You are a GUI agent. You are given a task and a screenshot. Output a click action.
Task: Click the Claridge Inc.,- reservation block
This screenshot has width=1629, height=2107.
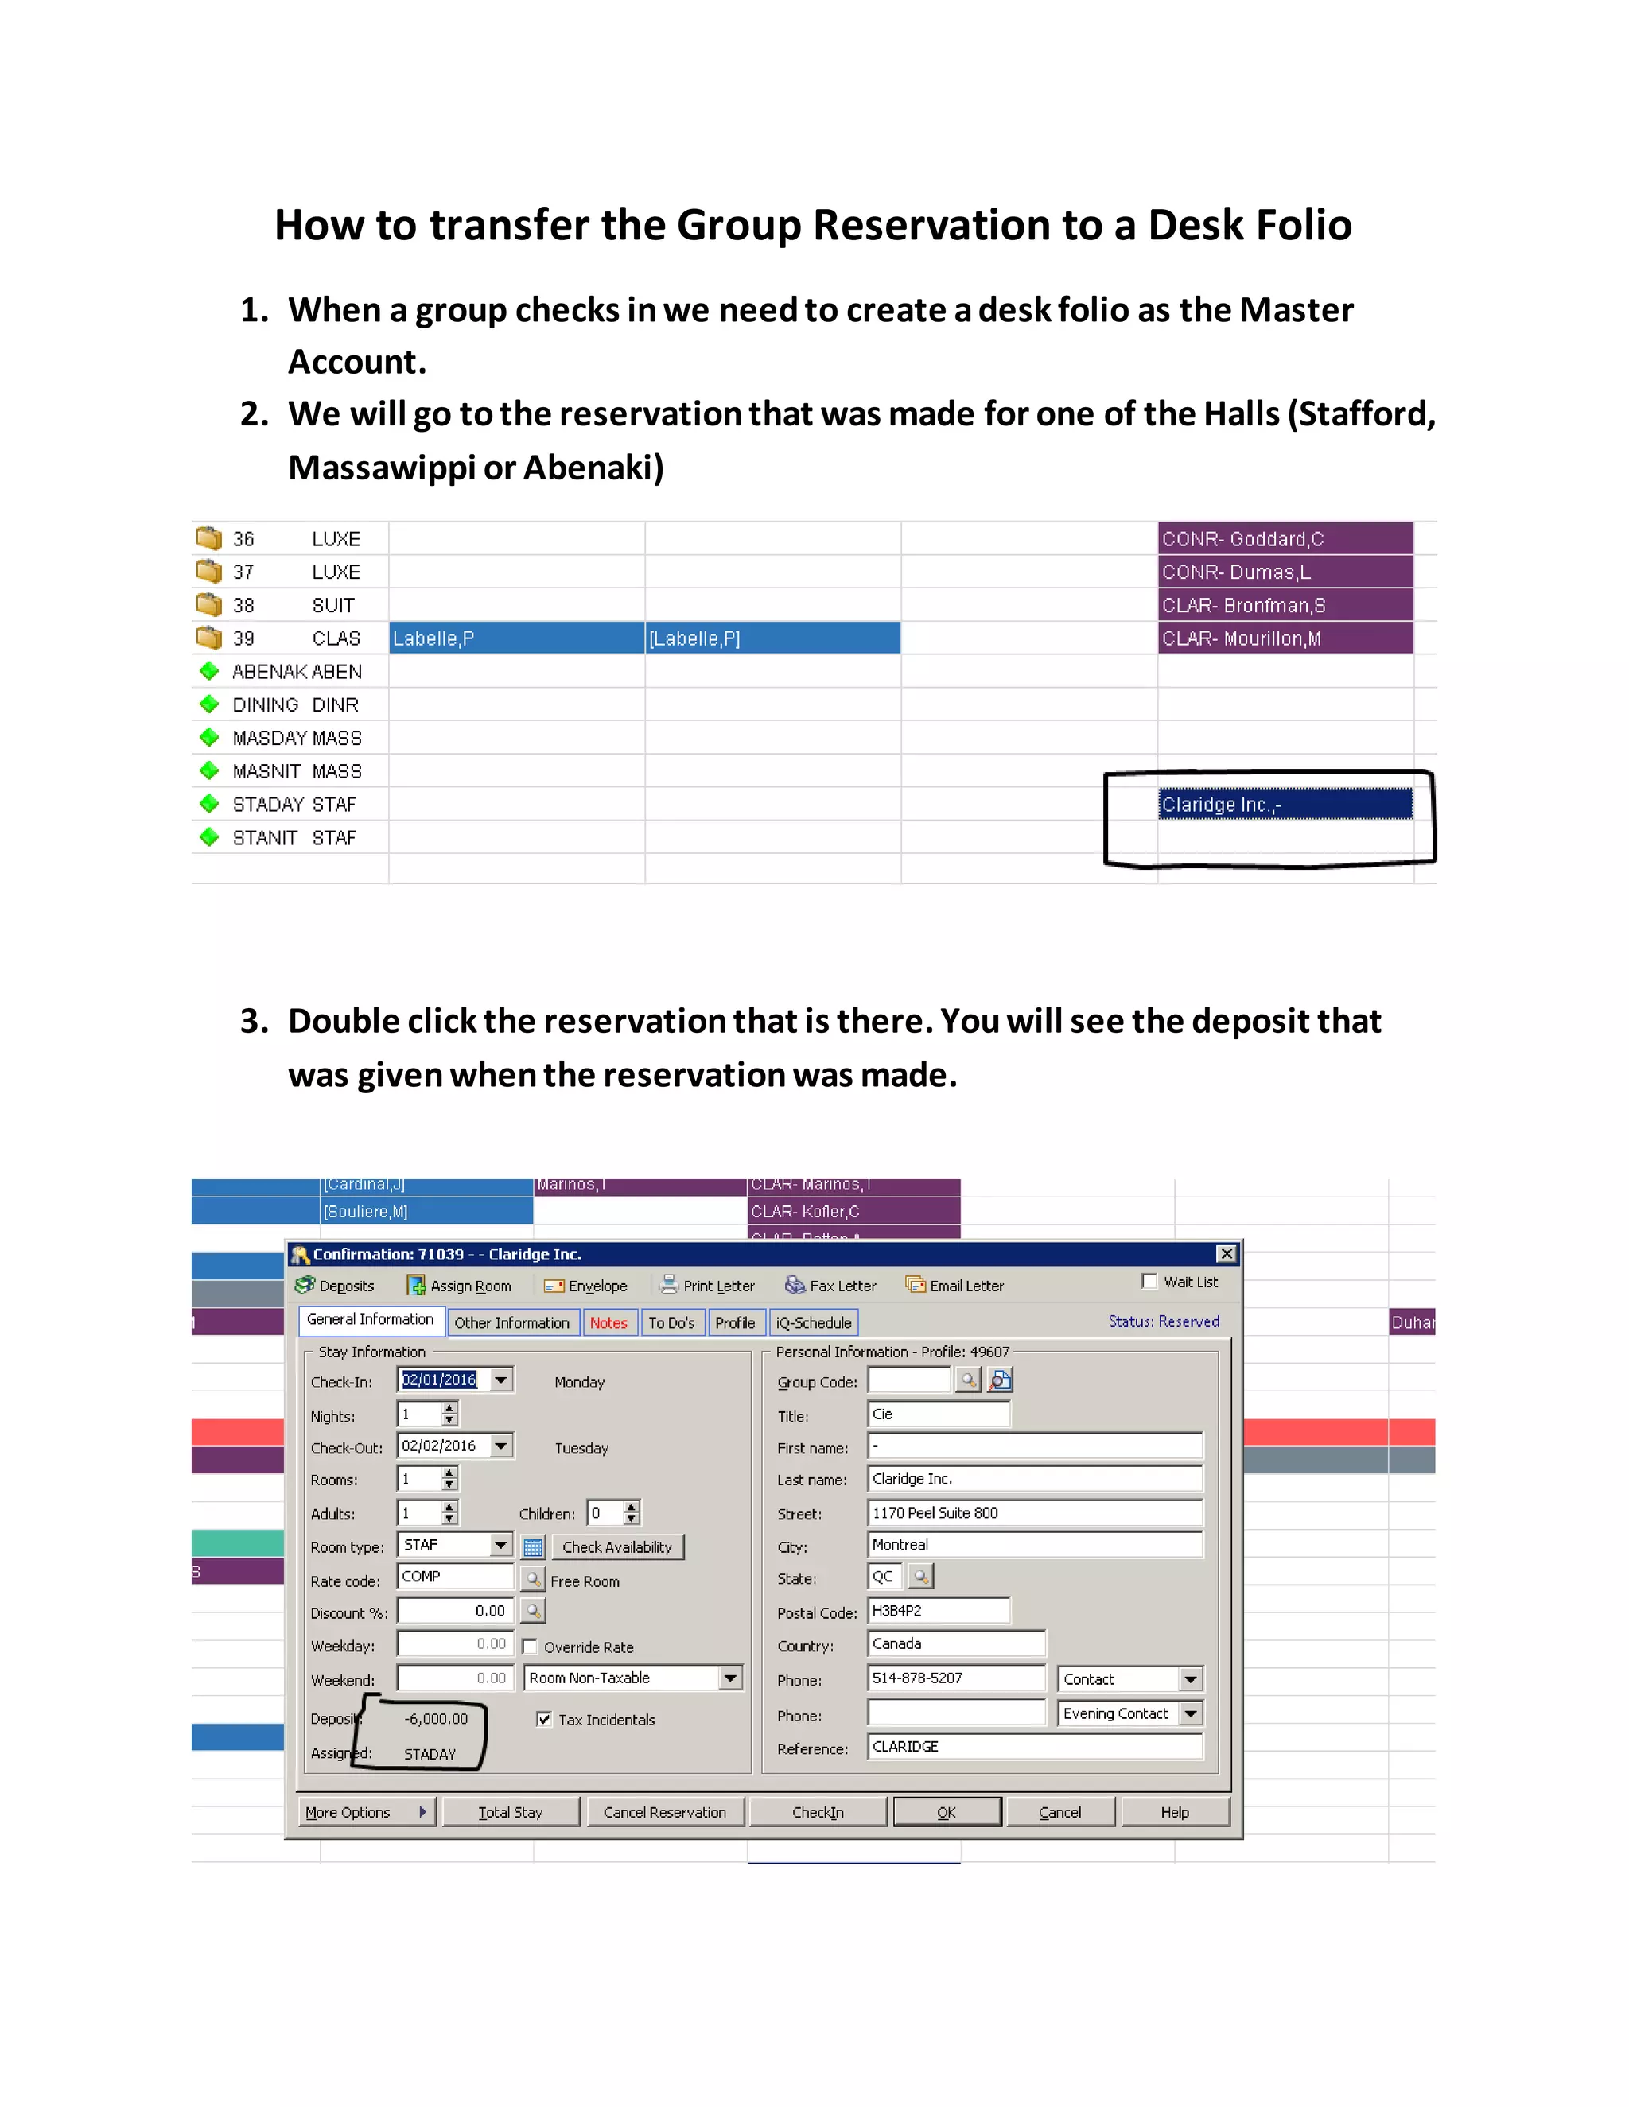(1285, 804)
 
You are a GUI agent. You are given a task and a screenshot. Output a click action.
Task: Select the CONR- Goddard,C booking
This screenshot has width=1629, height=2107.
(1285, 538)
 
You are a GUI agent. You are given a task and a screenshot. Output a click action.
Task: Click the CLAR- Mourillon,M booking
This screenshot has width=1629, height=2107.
(1285, 638)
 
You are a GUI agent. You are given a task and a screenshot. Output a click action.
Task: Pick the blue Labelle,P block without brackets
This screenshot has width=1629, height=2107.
(516, 638)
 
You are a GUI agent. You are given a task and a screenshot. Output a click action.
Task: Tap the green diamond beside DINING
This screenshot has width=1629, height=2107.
(208, 704)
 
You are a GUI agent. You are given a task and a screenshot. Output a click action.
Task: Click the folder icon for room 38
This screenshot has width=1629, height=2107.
(208, 604)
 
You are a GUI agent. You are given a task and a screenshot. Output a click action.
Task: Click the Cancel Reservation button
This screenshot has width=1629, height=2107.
(664, 1812)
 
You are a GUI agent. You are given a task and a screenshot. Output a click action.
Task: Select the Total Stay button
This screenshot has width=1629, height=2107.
(511, 1812)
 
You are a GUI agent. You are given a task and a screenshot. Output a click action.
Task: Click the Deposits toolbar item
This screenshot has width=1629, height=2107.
(335, 1285)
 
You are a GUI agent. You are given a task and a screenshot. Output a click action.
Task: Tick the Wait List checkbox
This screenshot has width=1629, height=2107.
(1149, 1281)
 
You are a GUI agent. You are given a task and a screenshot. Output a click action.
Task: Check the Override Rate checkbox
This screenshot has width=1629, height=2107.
(530, 1646)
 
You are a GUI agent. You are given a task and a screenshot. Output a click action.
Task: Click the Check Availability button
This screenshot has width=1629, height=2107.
(616, 1546)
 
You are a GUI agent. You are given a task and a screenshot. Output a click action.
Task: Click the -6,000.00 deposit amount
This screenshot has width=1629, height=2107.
(436, 1718)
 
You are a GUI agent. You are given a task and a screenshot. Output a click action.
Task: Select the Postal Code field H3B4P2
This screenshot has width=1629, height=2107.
(937, 1610)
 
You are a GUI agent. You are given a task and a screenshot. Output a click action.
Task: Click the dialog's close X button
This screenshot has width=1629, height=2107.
(1226, 1253)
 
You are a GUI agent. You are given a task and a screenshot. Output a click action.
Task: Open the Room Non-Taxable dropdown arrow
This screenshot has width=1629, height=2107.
(730, 1678)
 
